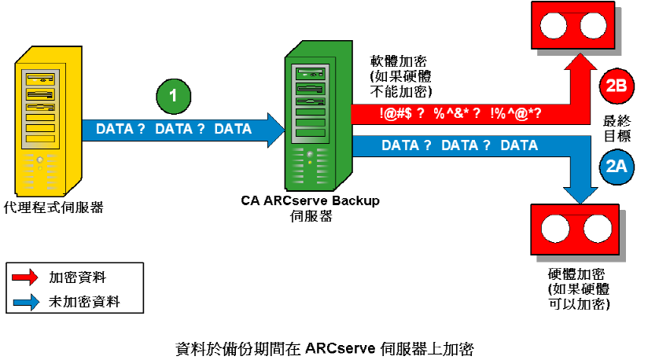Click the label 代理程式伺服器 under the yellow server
tap(53, 208)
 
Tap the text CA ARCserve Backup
tap(310, 200)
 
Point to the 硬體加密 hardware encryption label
tap(576, 274)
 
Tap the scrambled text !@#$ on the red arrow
tap(396, 113)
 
